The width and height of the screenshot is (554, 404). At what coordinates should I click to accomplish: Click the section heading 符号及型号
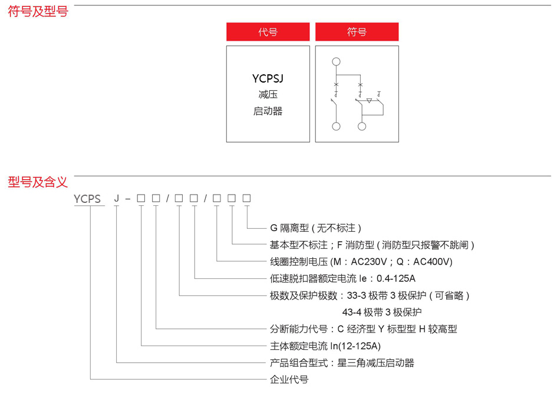click(x=38, y=11)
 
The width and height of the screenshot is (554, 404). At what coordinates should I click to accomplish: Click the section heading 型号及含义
click(x=38, y=182)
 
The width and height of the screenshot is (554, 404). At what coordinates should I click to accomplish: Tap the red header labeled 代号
click(x=268, y=32)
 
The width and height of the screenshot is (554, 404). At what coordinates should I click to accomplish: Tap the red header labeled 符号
click(x=357, y=32)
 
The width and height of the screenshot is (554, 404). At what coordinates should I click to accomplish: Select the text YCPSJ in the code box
click(x=268, y=78)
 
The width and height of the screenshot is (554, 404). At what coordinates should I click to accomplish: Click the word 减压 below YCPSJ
click(x=268, y=94)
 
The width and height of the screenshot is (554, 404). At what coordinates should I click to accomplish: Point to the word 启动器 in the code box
click(x=268, y=111)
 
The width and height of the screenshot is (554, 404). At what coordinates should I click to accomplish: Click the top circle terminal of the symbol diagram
click(x=336, y=61)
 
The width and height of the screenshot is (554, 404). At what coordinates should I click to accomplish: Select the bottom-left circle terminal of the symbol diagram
click(x=336, y=126)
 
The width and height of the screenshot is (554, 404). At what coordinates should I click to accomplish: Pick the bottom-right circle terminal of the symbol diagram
click(x=361, y=126)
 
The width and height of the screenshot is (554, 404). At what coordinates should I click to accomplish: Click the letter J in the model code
click(x=117, y=199)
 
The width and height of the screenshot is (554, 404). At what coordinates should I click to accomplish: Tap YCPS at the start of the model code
click(x=88, y=199)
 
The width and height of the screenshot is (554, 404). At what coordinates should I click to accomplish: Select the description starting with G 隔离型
click(x=315, y=228)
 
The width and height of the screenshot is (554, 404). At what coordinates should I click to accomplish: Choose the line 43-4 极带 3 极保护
click(x=382, y=312)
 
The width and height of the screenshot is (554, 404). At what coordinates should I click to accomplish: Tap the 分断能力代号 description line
click(x=363, y=329)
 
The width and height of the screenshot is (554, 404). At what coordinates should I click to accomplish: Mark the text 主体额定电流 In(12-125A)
click(x=325, y=346)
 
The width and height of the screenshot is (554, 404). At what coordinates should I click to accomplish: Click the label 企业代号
click(x=289, y=379)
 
